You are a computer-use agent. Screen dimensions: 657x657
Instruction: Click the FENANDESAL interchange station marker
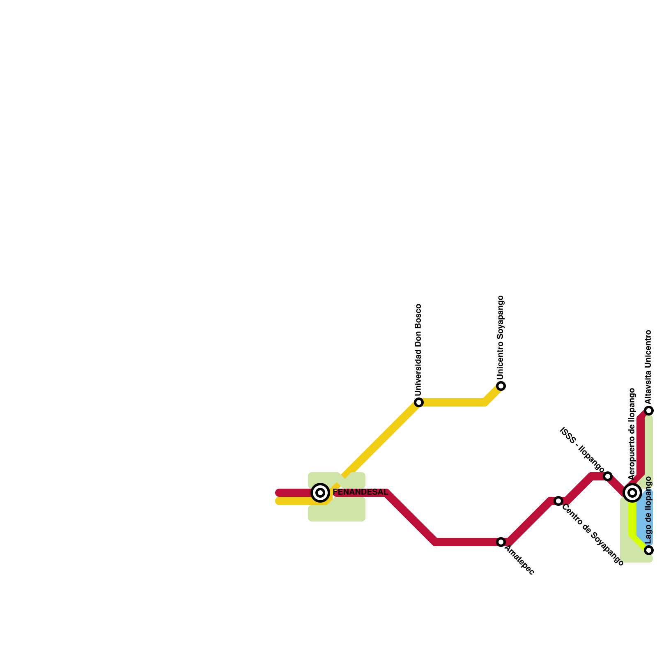click(320, 492)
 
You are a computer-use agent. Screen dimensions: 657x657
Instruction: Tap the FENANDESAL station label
click(360, 492)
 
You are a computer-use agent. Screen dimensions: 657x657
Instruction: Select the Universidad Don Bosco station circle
click(418, 402)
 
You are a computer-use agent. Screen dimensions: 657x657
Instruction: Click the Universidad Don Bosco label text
click(418, 349)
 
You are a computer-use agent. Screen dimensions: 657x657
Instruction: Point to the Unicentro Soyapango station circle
click(501, 386)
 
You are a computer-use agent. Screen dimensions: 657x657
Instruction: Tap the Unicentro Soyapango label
click(500, 338)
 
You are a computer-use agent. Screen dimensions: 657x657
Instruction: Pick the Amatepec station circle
click(501, 542)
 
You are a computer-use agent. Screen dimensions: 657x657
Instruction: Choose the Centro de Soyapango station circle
click(558, 501)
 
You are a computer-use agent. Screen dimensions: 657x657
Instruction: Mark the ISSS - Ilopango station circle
click(608, 476)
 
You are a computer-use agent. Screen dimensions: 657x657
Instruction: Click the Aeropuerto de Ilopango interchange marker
click(632, 492)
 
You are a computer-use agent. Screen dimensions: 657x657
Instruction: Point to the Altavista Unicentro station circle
click(649, 411)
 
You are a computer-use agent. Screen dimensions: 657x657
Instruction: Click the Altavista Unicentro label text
click(648, 367)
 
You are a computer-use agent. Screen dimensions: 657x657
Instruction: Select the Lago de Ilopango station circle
click(649, 550)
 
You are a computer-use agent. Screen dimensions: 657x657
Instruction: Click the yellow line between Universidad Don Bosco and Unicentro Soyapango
click(452, 402)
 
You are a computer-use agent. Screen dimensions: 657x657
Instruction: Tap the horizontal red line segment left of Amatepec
click(468, 542)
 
